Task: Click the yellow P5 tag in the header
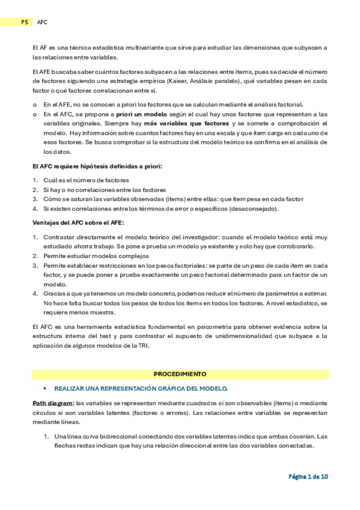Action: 25,22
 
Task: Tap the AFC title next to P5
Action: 42,22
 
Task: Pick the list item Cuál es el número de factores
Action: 85,180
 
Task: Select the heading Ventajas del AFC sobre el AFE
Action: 73,223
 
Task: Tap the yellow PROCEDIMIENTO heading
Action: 180,373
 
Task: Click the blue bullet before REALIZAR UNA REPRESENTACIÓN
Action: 44,389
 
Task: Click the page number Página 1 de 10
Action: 308,476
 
